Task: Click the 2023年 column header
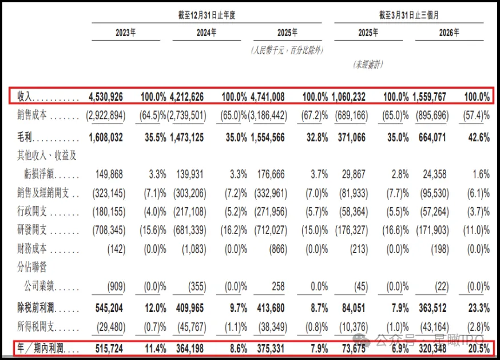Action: [x=126, y=33]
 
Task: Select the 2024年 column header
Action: [x=207, y=33]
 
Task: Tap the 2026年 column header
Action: [x=449, y=33]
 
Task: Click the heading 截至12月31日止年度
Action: [x=207, y=15]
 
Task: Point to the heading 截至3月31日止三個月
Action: [x=409, y=15]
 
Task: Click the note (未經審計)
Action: [x=368, y=65]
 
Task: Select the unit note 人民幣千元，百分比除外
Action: [x=287, y=50]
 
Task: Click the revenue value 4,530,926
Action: [x=106, y=97]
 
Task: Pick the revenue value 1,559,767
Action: [x=429, y=97]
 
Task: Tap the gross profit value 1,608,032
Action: [x=106, y=137]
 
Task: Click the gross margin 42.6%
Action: [x=479, y=137]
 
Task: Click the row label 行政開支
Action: [x=32, y=211]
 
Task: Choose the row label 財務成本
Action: [x=32, y=248]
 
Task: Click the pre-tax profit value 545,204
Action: [x=109, y=308]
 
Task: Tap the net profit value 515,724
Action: [x=109, y=349]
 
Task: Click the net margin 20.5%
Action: [x=479, y=349]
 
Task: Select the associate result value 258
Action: [x=278, y=286]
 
